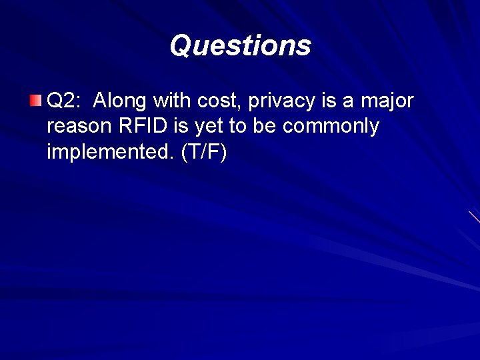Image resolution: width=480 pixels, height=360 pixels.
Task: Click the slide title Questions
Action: click(x=240, y=46)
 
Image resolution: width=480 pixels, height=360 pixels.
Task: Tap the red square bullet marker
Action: click(x=35, y=101)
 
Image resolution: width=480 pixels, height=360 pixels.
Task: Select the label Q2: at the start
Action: click(x=65, y=101)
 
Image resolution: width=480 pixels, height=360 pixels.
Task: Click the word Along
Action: click(x=121, y=101)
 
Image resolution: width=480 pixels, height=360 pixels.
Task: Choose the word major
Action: click(x=387, y=102)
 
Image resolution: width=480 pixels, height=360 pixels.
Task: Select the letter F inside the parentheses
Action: click(x=214, y=152)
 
